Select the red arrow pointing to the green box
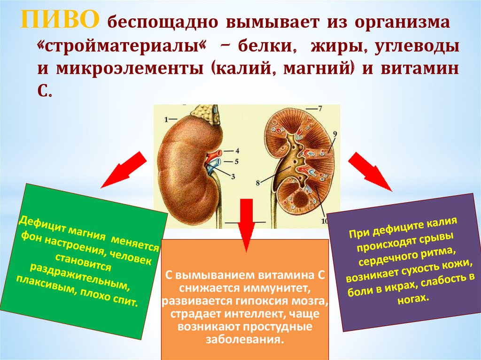[x=123, y=169]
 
